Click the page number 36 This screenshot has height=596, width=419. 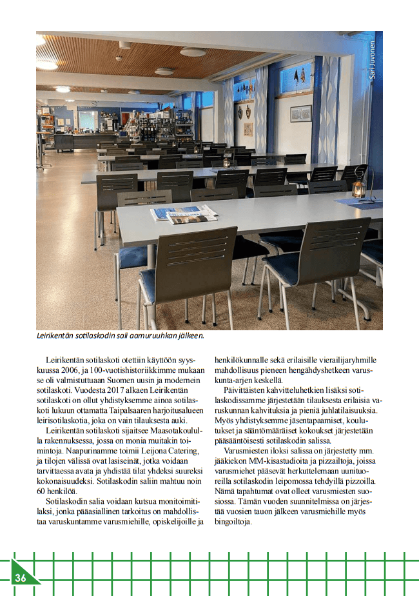point(21,578)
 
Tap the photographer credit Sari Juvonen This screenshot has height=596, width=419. point(372,59)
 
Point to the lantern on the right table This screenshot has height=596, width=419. point(358,188)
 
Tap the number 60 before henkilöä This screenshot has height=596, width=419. point(42,491)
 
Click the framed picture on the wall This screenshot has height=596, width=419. point(300,114)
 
